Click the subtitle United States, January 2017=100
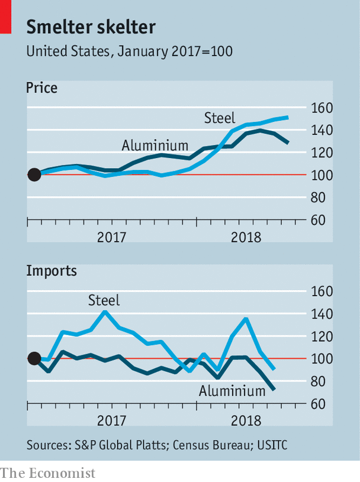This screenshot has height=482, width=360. pyautogui.click(x=129, y=51)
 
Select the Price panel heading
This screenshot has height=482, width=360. pyautogui.click(x=41, y=88)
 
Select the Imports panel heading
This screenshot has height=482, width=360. pyautogui.click(x=52, y=271)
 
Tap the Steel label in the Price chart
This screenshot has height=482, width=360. pyautogui.click(x=220, y=117)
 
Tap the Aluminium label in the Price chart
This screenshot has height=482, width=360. pyautogui.click(x=155, y=145)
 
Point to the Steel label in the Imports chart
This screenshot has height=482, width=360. pyautogui.click(x=104, y=300)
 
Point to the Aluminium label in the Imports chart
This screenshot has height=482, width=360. pyautogui.click(x=232, y=391)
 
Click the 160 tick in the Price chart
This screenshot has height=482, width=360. pyautogui.click(x=322, y=108)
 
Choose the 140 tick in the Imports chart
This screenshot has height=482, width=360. pyautogui.click(x=322, y=314)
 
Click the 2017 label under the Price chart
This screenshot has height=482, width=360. pyautogui.click(x=112, y=237)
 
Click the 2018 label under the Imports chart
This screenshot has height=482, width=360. pyautogui.click(x=247, y=421)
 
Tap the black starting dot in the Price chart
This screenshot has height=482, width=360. pyautogui.click(x=34, y=175)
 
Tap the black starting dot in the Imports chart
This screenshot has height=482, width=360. pyautogui.click(x=34, y=358)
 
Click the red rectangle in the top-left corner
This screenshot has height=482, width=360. pyautogui.click(x=6, y=17)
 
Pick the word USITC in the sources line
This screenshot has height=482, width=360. pyautogui.click(x=275, y=445)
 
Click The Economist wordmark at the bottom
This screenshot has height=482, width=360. pyautogui.click(x=47, y=473)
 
